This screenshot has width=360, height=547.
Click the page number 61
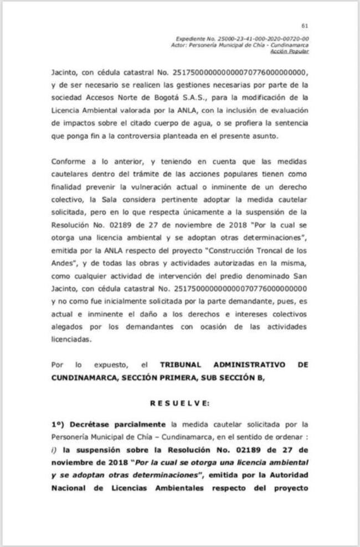point(304,25)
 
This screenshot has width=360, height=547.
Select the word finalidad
point(68,186)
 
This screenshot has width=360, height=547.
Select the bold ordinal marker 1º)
point(58,425)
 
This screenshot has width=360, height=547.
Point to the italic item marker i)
point(54,449)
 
